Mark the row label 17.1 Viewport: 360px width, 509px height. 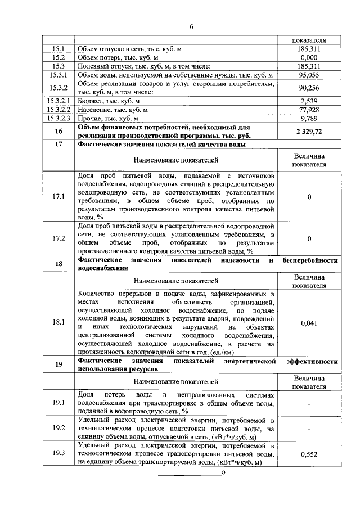pos(58,196)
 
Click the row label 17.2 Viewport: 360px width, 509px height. pos(58,238)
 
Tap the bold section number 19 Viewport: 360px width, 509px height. pos(58,364)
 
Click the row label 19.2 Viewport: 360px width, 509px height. pos(58,428)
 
